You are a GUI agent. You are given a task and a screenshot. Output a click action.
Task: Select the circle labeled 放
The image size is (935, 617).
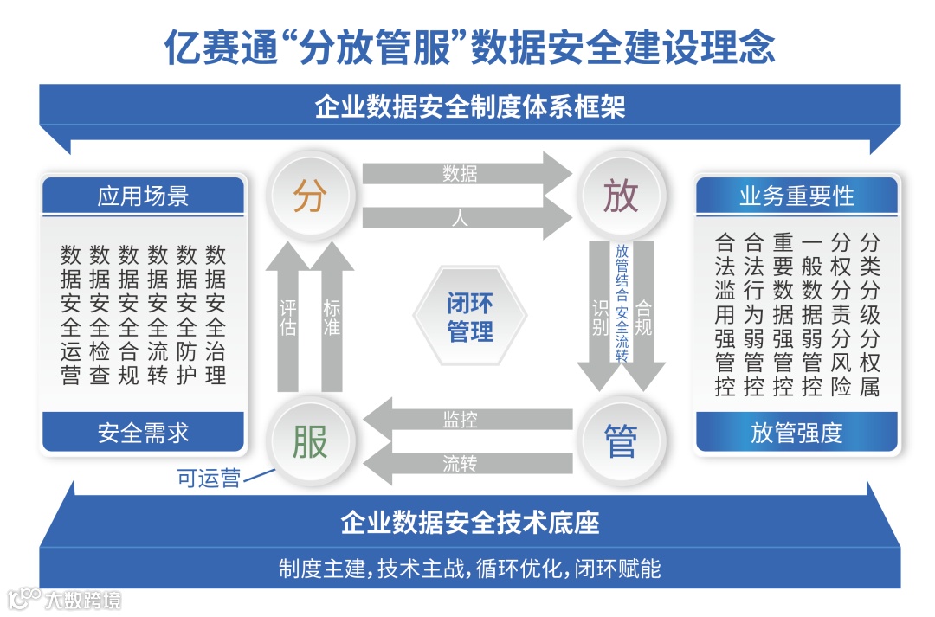coord(621,196)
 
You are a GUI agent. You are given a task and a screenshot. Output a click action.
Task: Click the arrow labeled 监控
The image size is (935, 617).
coord(467,421)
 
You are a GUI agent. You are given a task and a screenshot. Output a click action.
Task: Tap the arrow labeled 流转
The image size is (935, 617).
coord(467,465)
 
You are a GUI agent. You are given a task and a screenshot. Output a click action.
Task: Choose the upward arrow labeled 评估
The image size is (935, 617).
coord(288,320)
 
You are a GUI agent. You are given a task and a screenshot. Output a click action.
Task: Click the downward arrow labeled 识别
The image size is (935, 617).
coord(600,316)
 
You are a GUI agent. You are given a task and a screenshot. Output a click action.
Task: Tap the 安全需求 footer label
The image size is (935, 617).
coord(144,432)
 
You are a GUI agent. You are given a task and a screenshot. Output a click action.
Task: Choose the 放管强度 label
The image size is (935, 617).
coord(796,432)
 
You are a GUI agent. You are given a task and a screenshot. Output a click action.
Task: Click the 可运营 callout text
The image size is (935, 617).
coord(209,479)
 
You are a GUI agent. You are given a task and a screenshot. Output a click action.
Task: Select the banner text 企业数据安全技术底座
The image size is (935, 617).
coord(470,522)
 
